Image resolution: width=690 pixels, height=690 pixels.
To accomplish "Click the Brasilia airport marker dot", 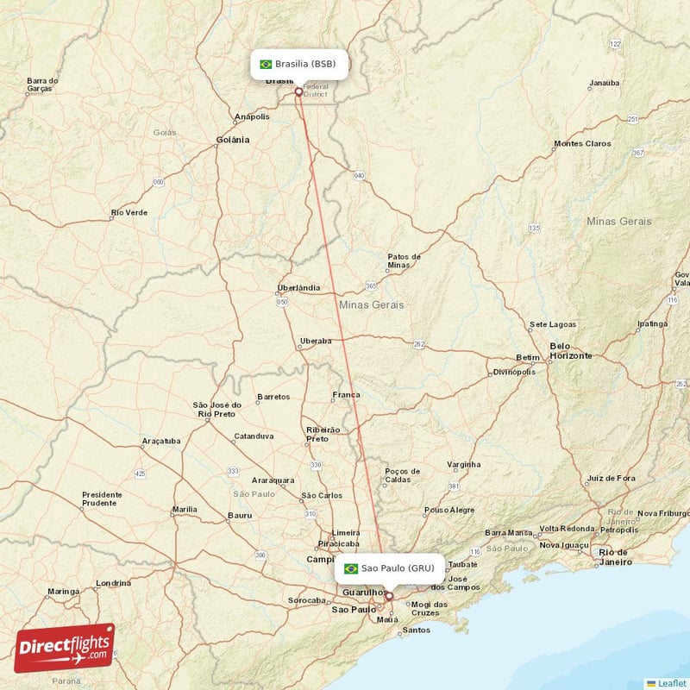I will point(298,91).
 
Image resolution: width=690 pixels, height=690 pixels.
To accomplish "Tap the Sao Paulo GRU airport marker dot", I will point(389,595).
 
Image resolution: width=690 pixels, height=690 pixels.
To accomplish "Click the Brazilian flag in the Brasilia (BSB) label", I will point(266,64).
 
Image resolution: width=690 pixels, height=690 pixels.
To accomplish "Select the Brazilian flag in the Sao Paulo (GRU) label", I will point(351,568).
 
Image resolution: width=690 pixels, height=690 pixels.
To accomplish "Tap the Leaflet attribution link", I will point(671,683).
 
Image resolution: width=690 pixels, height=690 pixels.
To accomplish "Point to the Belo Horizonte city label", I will point(571,351).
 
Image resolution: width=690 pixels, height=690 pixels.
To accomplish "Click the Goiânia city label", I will point(233,139).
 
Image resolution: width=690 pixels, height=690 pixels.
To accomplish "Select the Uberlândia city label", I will point(299,287).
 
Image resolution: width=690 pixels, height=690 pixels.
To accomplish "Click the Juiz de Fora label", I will point(611,478).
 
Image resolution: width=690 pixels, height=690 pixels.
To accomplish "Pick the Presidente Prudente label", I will point(102,499).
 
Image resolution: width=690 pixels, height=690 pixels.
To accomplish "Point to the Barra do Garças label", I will point(42,85).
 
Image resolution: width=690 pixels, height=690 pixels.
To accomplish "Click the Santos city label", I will point(417,630).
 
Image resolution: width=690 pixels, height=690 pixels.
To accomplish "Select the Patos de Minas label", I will point(404,260).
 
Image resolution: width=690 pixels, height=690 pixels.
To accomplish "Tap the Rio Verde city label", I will point(129,212).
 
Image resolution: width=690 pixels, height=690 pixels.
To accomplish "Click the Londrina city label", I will point(113,583).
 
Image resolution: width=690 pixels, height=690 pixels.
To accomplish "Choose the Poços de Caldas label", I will point(403,475).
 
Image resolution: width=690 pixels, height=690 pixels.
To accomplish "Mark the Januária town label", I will point(604,84).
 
